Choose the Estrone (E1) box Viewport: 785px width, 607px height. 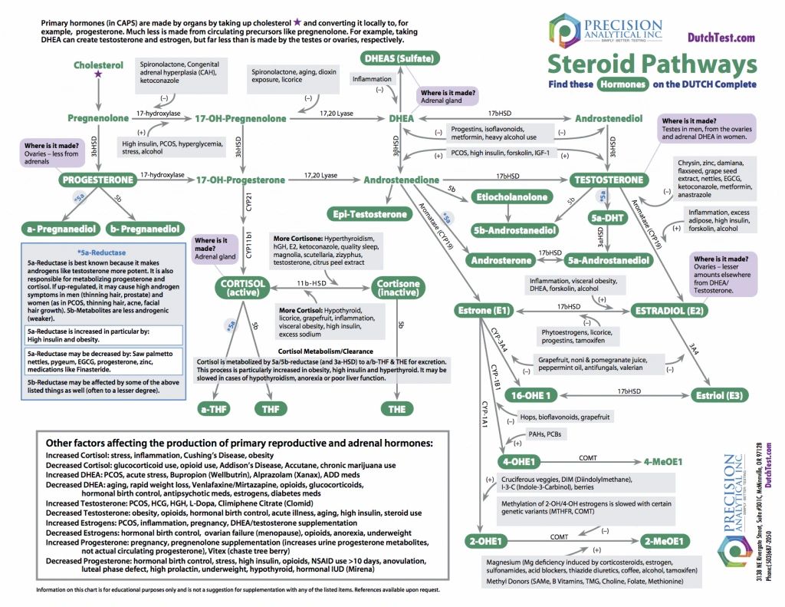(481, 311)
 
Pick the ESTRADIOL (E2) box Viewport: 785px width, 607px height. (669, 311)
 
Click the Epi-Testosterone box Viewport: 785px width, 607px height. (369, 214)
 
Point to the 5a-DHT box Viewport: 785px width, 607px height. (608, 217)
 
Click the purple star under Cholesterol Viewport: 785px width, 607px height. (98, 74)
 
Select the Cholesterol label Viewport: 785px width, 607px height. (98, 64)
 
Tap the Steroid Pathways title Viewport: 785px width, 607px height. (652, 63)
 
